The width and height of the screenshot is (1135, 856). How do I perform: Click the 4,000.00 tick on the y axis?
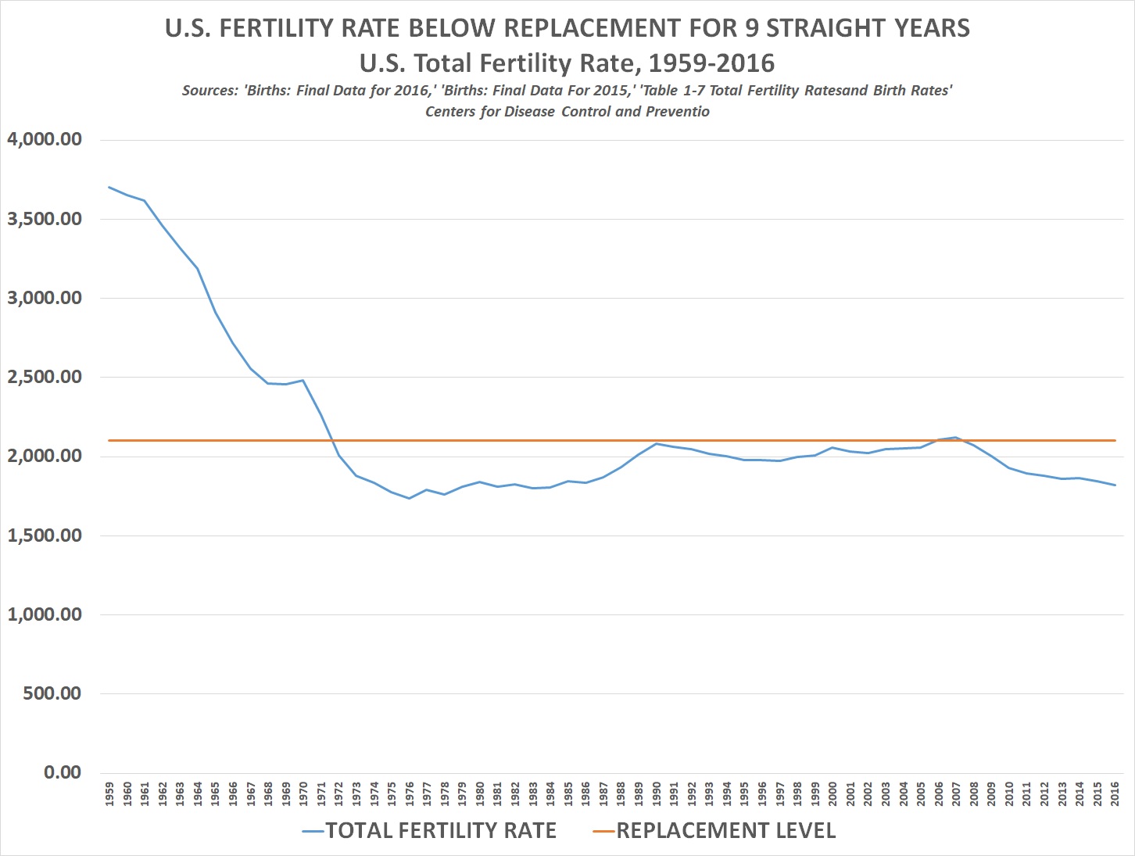(44, 140)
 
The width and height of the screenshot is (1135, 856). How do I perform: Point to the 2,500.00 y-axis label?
(44, 377)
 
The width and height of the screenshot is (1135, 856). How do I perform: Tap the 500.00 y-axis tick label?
(52, 693)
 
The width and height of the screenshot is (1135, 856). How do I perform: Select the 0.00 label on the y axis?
(63, 772)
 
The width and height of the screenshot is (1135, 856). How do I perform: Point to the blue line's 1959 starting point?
(109, 187)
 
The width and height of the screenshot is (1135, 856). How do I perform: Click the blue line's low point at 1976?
(409, 498)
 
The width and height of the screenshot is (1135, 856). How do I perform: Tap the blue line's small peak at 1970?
(303, 380)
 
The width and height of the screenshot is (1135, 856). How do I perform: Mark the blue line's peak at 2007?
(956, 438)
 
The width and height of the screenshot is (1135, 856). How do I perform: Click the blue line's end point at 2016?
(1115, 485)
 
